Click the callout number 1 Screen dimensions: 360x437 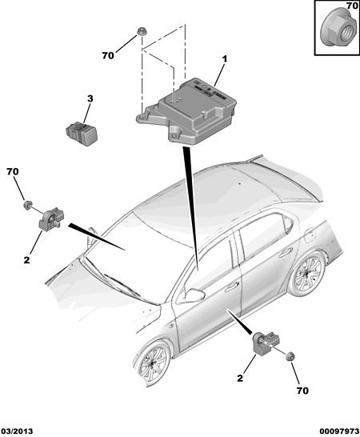[x=224, y=59]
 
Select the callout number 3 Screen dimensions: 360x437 [x=90, y=98]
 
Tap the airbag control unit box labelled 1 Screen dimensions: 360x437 [x=186, y=111]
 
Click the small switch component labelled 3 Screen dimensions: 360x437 [x=82, y=134]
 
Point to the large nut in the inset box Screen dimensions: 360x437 [x=336, y=30]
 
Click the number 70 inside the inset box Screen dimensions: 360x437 [x=352, y=5]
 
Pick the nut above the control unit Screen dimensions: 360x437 [x=142, y=31]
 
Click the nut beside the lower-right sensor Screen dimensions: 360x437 [x=290, y=357]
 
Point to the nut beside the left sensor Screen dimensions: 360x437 [x=27, y=205]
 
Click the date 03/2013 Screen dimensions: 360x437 [x=17, y=431]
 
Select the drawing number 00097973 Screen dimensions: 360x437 [x=339, y=431]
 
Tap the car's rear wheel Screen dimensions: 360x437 [x=306, y=275]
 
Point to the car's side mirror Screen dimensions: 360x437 [x=194, y=295]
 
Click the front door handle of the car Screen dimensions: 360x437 [x=232, y=287]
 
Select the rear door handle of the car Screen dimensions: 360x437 [x=285, y=252]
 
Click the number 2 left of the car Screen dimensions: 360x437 [x=26, y=260]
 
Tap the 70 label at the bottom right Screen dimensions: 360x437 [x=302, y=391]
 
